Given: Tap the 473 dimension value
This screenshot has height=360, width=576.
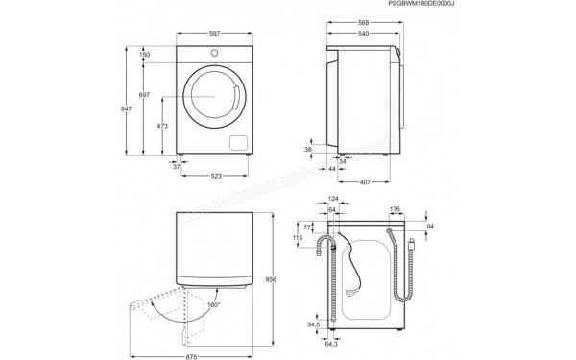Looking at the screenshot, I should click(x=164, y=125).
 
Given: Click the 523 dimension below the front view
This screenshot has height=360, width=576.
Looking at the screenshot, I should click(x=217, y=175).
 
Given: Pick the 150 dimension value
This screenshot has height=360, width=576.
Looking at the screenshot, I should click(x=144, y=56).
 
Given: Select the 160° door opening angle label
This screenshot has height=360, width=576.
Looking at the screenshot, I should click(x=213, y=305).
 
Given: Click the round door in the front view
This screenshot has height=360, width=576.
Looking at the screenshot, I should click(x=214, y=96).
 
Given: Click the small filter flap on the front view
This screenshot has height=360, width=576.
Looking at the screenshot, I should click(x=236, y=142).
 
